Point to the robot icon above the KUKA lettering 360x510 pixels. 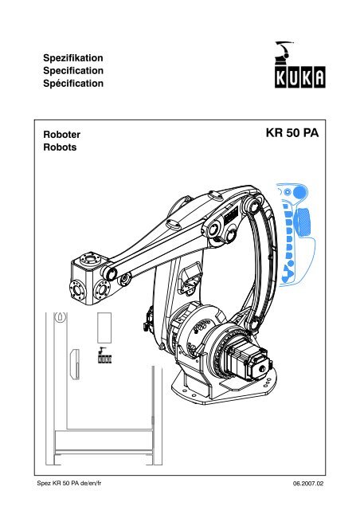pos(284,52)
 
